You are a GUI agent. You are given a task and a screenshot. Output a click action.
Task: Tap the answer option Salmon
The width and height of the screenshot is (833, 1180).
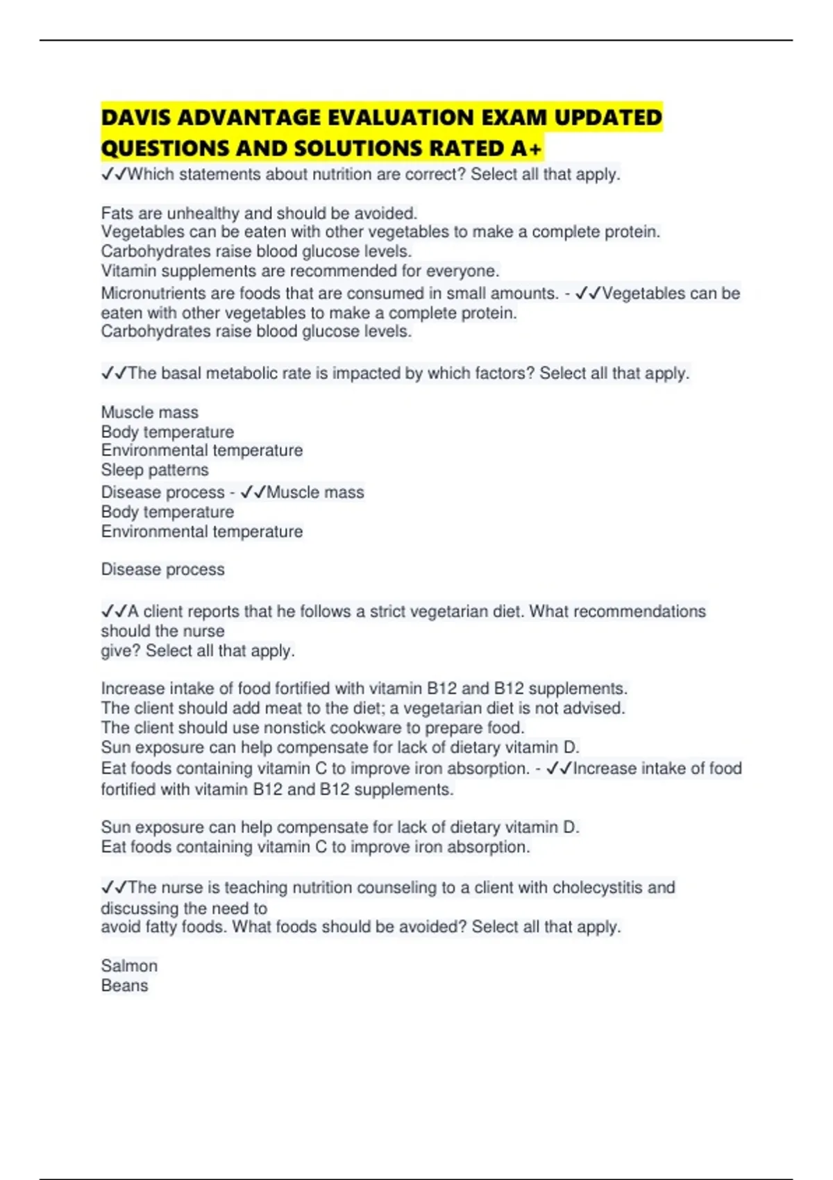pos(129,966)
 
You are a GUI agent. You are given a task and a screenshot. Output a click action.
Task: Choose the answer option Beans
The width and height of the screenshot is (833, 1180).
pos(124,986)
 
